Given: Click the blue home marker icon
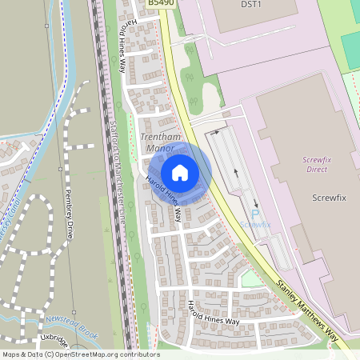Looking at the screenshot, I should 180,173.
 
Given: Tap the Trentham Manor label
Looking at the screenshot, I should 157,142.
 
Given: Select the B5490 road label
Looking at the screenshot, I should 161,4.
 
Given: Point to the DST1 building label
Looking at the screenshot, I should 252,4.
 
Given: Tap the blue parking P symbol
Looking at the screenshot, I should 255,214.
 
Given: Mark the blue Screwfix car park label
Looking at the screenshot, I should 254,226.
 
